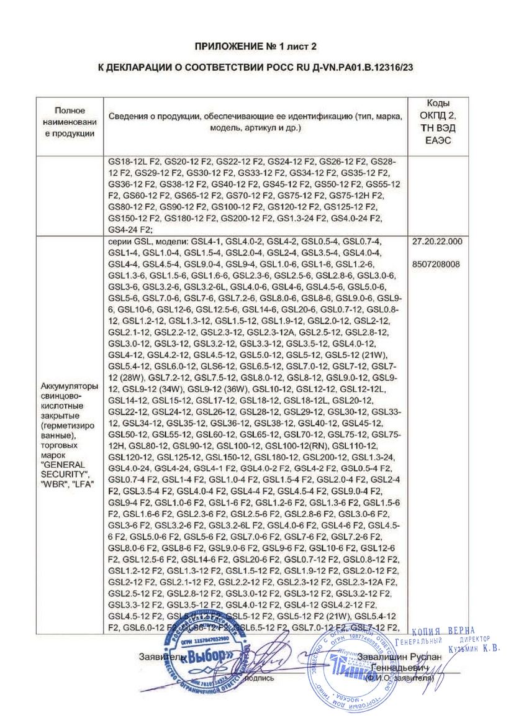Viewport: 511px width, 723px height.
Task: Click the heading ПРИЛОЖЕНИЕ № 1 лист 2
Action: pos(256,47)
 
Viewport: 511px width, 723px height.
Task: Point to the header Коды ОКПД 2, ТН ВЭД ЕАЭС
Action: pos(441,122)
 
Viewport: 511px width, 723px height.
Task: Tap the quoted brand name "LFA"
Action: pos(81,484)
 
